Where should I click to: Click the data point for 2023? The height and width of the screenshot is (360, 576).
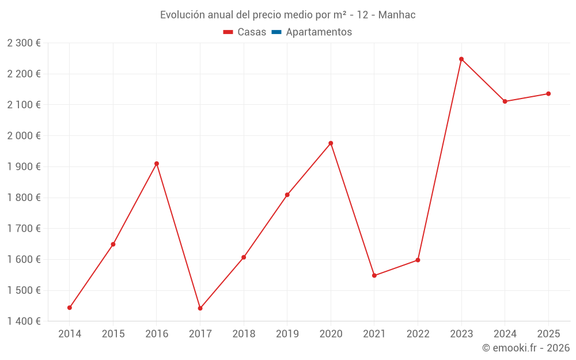[461, 59]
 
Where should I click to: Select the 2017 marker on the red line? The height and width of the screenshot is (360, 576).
[200, 308]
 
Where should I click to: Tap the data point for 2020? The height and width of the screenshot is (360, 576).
[331, 143]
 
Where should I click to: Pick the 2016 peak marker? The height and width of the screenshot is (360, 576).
[157, 164]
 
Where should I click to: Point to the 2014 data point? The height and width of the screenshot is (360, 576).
[70, 308]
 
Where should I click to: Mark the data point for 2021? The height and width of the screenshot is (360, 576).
[374, 275]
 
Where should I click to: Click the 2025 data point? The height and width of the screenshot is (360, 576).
[548, 94]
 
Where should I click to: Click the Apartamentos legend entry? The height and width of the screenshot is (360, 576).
[319, 32]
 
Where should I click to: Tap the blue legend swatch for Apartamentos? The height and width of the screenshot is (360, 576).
[276, 32]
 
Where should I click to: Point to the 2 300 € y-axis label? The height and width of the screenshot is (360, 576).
[24, 43]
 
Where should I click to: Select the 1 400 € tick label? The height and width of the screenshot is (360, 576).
[24, 321]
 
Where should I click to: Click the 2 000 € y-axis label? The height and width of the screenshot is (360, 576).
[24, 136]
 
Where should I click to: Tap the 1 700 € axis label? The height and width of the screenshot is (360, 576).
[24, 229]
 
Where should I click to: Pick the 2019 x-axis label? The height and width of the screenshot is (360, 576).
[287, 334]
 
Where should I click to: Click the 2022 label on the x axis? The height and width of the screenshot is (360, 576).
[418, 334]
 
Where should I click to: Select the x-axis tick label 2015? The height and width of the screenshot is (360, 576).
[113, 334]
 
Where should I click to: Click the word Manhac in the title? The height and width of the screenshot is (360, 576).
[397, 15]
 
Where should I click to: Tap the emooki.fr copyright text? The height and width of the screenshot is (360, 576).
[526, 348]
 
